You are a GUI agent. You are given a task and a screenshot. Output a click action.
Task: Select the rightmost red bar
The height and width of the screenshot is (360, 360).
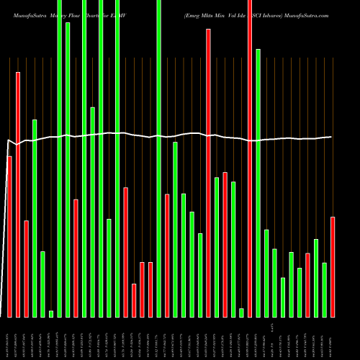333,266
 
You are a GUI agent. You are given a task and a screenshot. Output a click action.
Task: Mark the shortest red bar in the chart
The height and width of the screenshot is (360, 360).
134,300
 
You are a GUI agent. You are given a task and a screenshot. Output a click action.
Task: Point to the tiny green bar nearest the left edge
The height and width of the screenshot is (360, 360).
51,313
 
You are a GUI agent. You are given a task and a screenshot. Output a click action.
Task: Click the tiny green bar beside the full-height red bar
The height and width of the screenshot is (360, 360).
241,312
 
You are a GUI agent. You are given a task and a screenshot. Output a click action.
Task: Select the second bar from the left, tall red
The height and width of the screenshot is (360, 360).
18,194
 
